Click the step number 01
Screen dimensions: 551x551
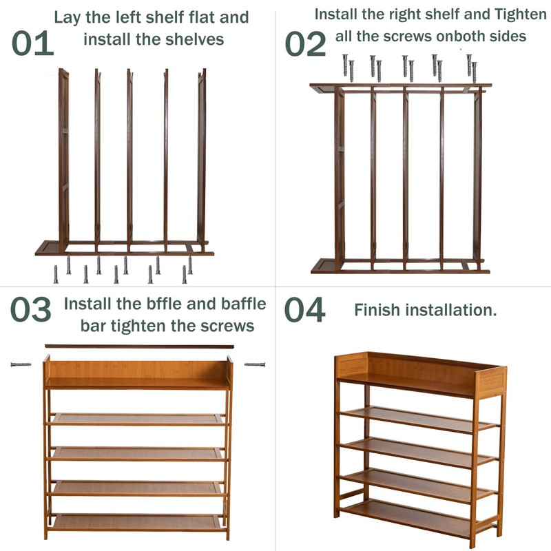[x=32, y=43]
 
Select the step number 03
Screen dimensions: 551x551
[x=30, y=311]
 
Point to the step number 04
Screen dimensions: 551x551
[x=305, y=311]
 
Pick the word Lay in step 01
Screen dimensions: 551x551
[x=67, y=17]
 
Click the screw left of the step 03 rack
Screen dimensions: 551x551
[x=21, y=364]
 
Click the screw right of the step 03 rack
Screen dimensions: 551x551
[x=255, y=364]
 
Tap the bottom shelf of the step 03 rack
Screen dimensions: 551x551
[x=138, y=522]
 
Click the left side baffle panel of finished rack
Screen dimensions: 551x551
[x=351, y=365]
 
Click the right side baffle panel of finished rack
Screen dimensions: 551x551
[x=491, y=382]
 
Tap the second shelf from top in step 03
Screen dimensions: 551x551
[x=138, y=419]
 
